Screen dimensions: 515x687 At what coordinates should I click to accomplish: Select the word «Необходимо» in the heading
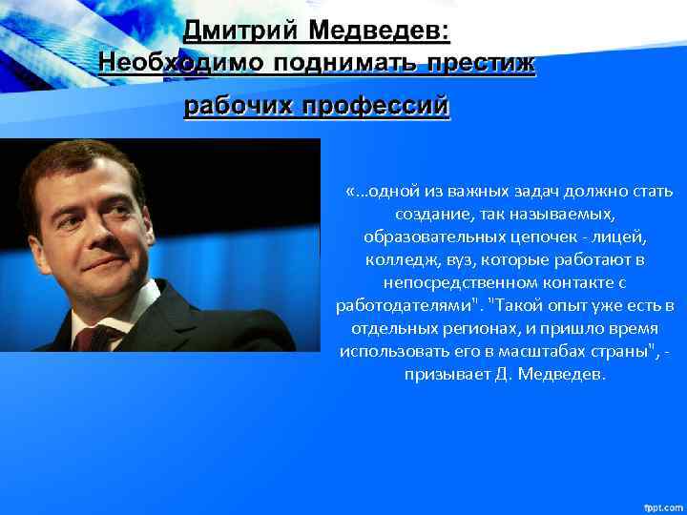point(180,64)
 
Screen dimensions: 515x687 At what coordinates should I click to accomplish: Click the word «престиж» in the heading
point(483,64)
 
